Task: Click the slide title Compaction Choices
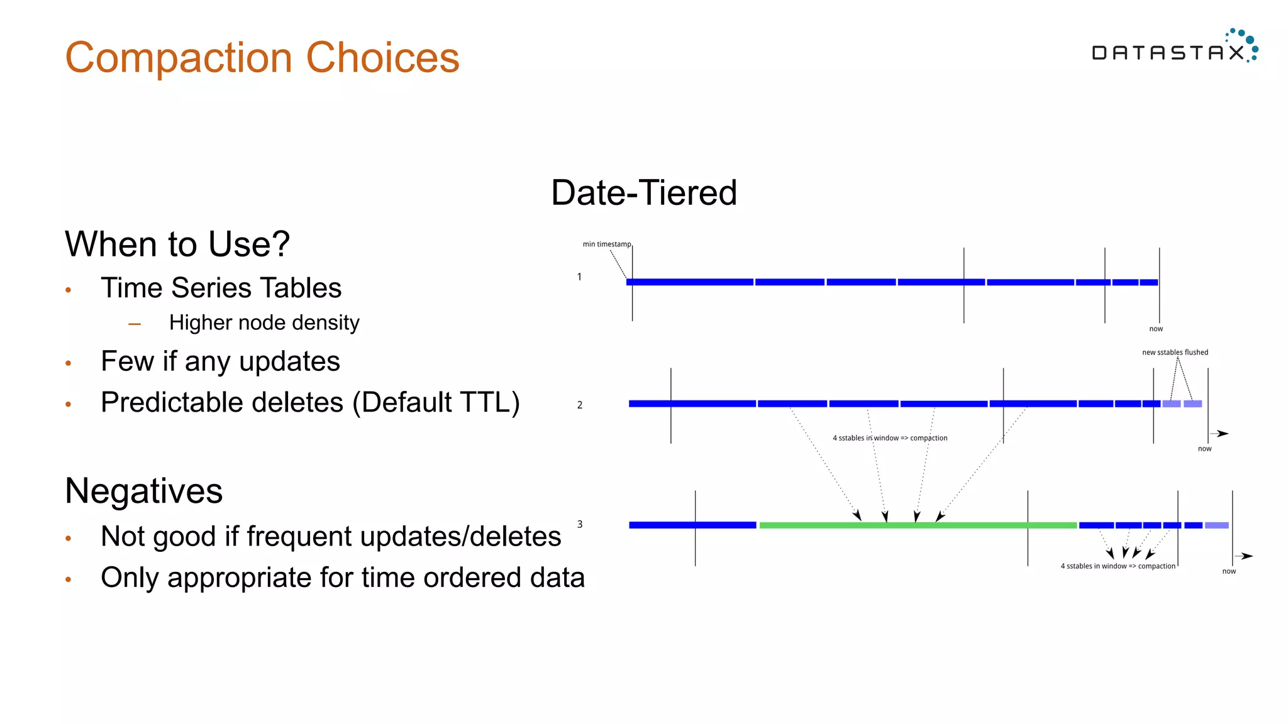tap(262, 58)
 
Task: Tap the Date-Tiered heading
tap(643, 192)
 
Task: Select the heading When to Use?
tap(177, 244)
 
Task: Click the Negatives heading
tap(143, 491)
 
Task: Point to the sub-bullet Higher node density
tap(264, 322)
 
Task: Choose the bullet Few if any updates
tap(220, 361)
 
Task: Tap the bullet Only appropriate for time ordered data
tap(342, 578)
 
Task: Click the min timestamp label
tap(606, 244)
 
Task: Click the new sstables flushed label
tap(1175, 352)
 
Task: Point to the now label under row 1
tap(1156, 329)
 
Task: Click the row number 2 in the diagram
tap(580, 405)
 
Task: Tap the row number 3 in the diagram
tap(580, 524)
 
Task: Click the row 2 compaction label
tap(889, 438)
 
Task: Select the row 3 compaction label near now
tap(1118, 566)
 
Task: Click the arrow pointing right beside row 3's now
tap(1245, 556)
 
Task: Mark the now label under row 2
tap(1204, 449)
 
